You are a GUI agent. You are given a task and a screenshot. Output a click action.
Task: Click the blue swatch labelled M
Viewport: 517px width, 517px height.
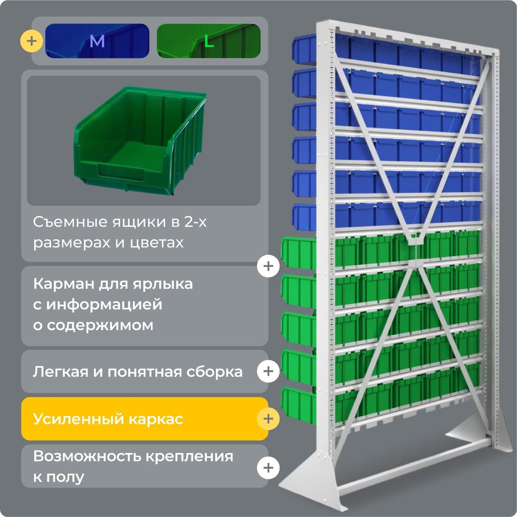click(x=97, y=41)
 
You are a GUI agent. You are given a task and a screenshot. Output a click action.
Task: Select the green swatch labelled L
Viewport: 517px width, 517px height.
click(x=208, y=41)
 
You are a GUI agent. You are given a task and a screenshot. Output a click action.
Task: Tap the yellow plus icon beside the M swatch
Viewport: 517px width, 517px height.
click(x=31, y=41)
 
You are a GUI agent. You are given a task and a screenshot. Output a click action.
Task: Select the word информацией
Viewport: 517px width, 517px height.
click(x=105, y=305)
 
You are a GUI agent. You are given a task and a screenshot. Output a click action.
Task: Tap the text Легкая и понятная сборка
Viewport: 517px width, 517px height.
click(x=138, y=372)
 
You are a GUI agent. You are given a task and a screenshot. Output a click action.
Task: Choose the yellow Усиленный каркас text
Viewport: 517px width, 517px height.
click(x=108, y=419)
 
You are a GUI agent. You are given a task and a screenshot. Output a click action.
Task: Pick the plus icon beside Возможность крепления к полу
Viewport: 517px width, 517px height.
click(x=268, y=467)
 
